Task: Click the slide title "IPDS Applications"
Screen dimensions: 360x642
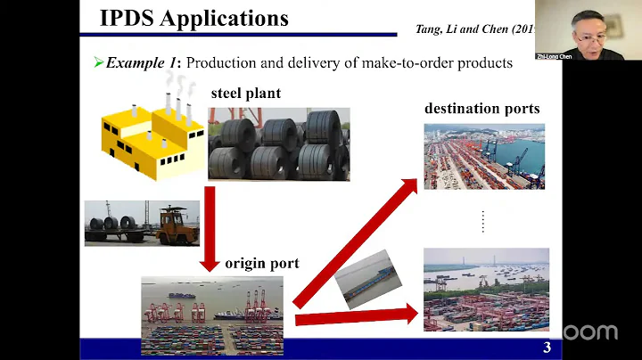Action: pos(194,18)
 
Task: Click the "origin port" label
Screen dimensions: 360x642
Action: pos(261,263)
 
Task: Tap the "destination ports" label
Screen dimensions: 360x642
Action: pos(481,109)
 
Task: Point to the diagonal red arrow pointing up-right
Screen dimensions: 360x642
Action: pos(357,239)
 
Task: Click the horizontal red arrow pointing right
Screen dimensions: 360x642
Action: pos(355,316)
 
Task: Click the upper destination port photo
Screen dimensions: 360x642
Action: pos(483,156)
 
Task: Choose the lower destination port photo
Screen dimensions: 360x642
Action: pos(485,289)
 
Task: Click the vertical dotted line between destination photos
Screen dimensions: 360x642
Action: pos(482,221)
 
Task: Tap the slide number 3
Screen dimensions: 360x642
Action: pos(546,348)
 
